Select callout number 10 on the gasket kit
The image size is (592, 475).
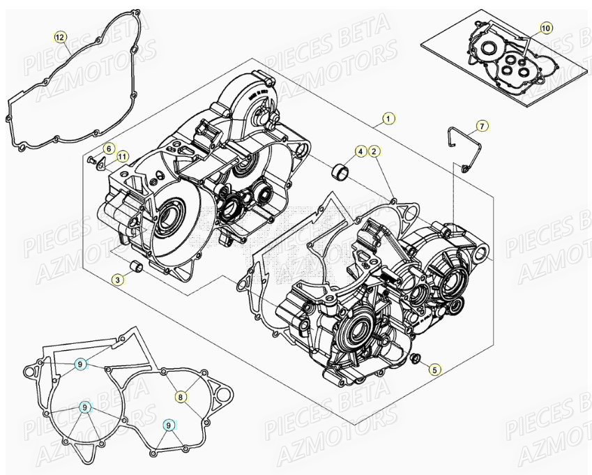[545, 27]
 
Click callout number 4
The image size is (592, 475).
[360, 151]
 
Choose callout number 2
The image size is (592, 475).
[374, 151]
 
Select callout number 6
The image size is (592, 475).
[109, 149]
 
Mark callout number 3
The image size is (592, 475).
[119, 279]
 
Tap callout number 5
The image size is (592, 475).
[435, 370]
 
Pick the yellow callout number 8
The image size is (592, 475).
[181, 395]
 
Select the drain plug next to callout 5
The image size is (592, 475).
[416, 359]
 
